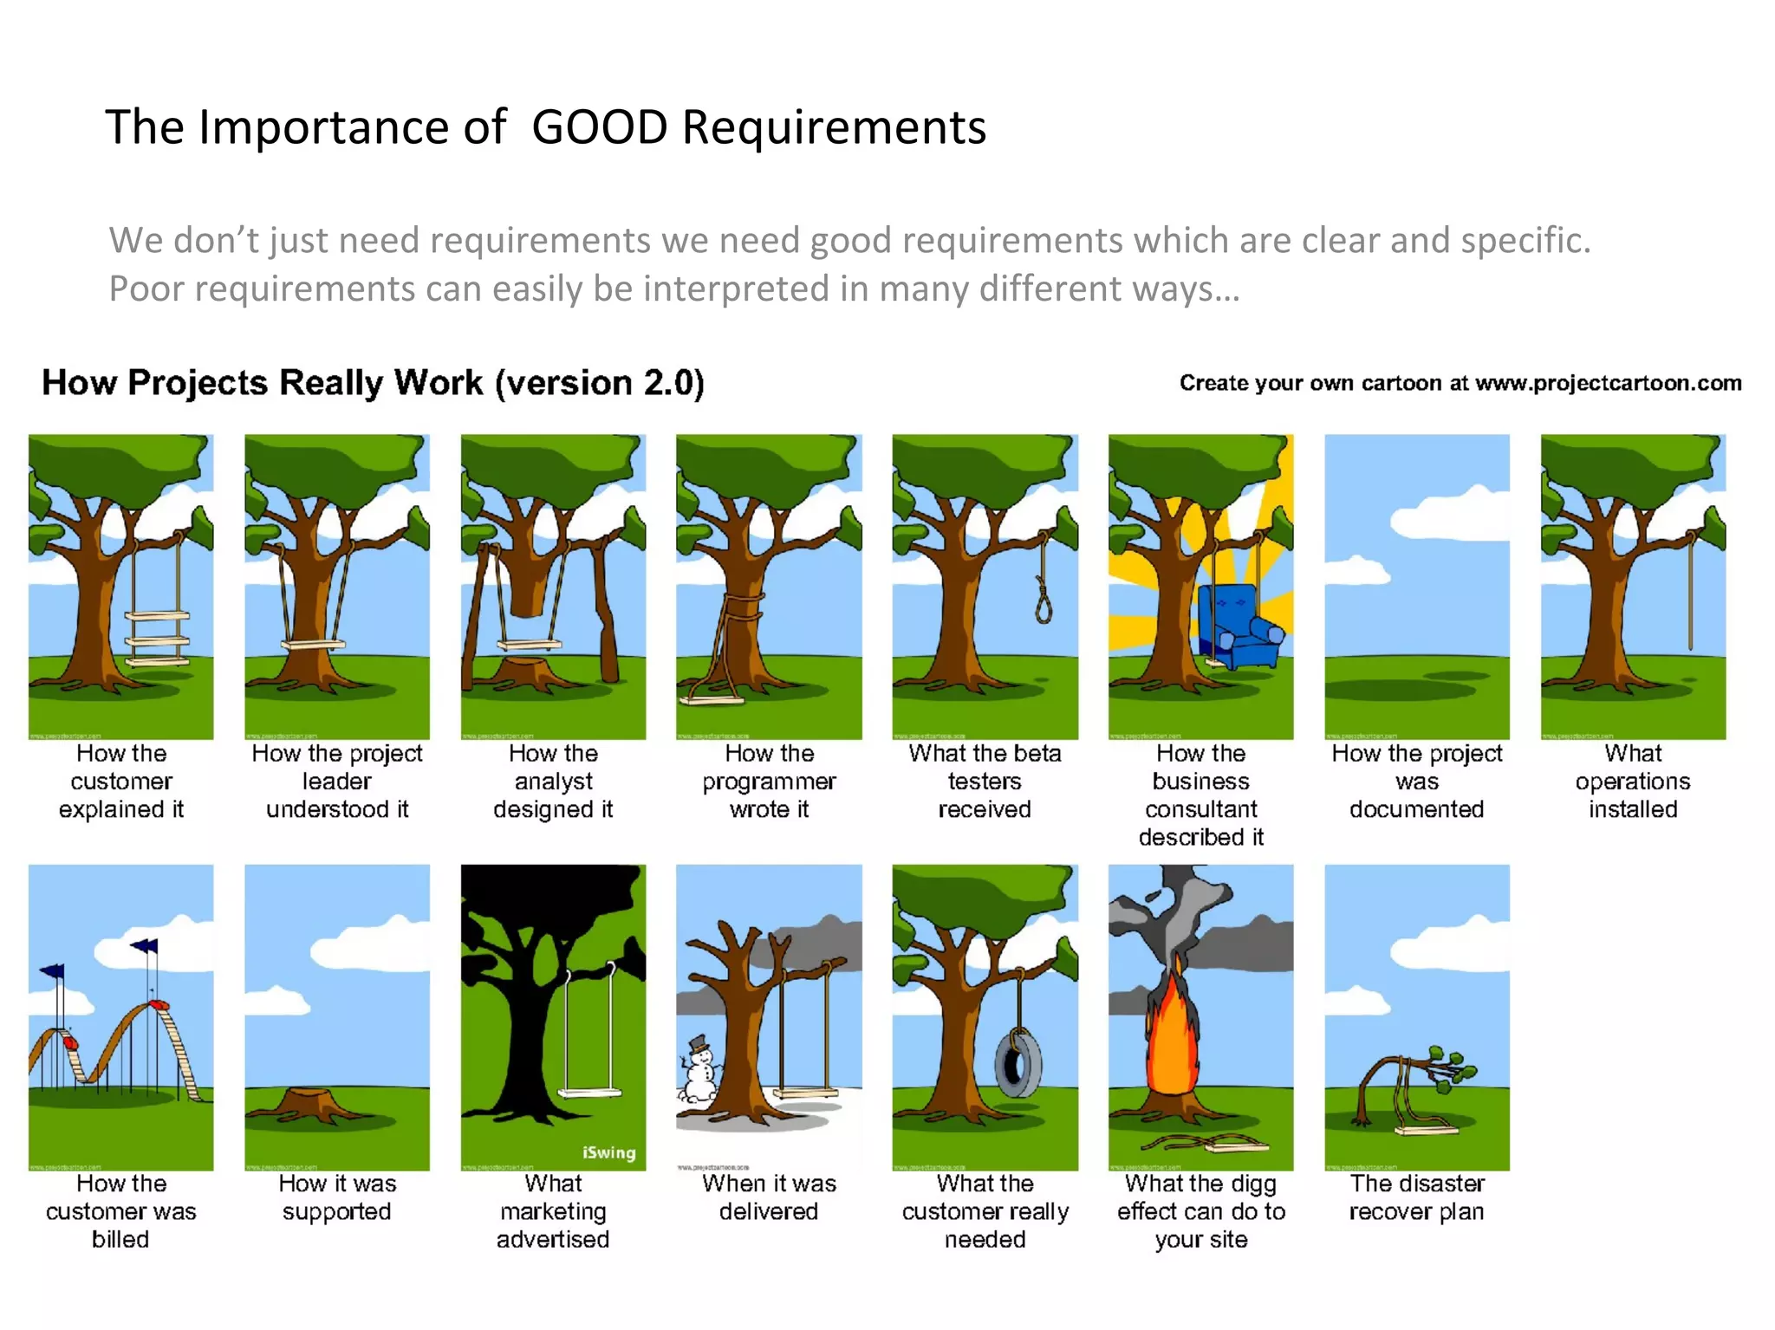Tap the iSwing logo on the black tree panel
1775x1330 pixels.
pyautogui.click(x=608, y=1152)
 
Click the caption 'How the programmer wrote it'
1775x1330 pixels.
pyautogui.click(x=769, y=781)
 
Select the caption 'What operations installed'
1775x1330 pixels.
pyautogui.click(x=1632, y=781)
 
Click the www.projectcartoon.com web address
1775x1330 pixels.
pyautogui.click(x=1608, y=383)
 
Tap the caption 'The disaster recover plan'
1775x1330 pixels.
pyautogui.click(x=1416, y=1197)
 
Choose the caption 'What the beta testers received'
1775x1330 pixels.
pyautogui.click(x=985, y=781)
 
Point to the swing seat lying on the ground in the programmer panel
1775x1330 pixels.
pyautogui.click(x=711, y=698)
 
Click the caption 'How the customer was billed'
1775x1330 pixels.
pyautogui.click(x=121, y=1210)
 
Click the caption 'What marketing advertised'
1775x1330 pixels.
pyautogui.click(x=553, y=1210)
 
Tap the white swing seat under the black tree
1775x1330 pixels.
pyautogui.click(x=590, y=1093)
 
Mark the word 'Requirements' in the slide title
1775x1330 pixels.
pyautogui.click(x=834, y=127)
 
